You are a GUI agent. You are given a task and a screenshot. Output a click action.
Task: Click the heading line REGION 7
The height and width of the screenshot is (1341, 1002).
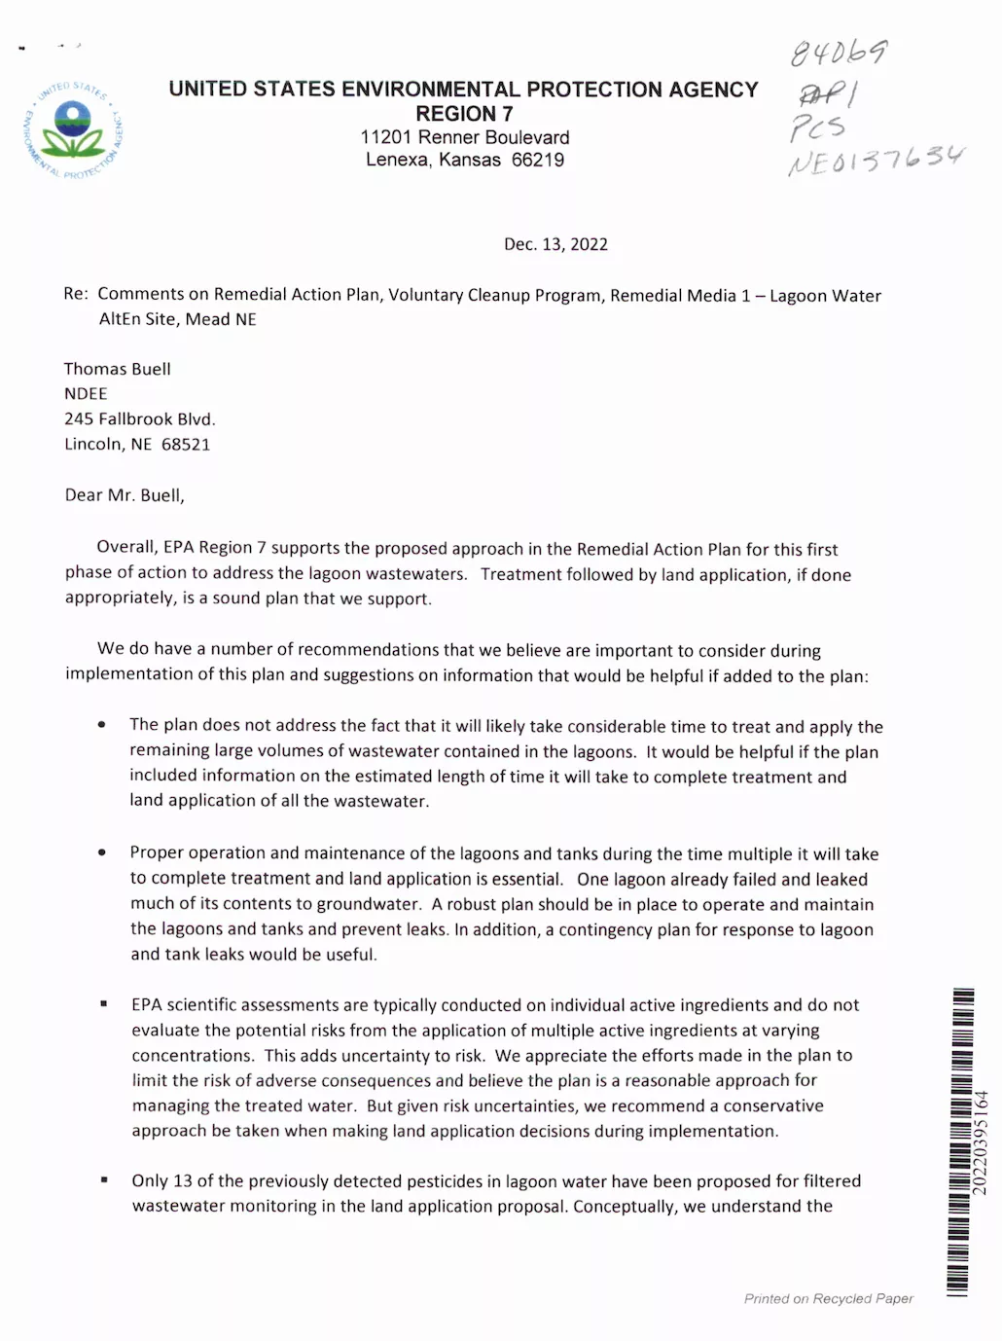[464, 114]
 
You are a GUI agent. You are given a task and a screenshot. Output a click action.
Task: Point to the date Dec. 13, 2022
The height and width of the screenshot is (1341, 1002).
[555, 244]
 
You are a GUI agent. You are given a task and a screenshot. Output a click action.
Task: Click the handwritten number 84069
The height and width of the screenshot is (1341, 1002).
[838, 52]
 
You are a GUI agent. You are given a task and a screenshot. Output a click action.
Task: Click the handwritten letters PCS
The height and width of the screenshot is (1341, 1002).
[817, 127]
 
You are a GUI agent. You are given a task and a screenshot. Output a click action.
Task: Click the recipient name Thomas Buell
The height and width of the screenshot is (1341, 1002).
[118, 369]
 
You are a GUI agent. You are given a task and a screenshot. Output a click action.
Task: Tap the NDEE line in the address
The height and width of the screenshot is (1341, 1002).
[86, 394]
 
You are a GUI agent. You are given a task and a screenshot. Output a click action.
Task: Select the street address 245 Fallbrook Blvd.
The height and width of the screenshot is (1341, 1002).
[139, 419]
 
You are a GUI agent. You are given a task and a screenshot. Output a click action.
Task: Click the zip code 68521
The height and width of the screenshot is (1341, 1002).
[186, 445]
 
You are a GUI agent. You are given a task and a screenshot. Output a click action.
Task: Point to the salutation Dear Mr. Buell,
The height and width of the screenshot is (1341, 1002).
[125, 495]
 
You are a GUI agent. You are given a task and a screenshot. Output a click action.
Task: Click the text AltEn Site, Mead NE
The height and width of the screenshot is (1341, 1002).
[177, 319]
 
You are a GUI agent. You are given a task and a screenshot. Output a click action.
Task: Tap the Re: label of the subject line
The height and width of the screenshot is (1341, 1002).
[76, 294]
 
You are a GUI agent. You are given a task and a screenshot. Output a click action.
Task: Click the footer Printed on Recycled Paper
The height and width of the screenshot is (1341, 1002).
[828, 1298]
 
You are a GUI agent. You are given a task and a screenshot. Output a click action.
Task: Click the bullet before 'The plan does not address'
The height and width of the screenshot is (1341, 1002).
[102, 725]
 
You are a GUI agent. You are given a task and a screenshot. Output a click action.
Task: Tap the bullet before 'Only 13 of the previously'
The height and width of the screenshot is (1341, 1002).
[104, 1180]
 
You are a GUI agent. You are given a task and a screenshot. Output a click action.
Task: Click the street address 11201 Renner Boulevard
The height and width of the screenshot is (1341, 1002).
[464, 137]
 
